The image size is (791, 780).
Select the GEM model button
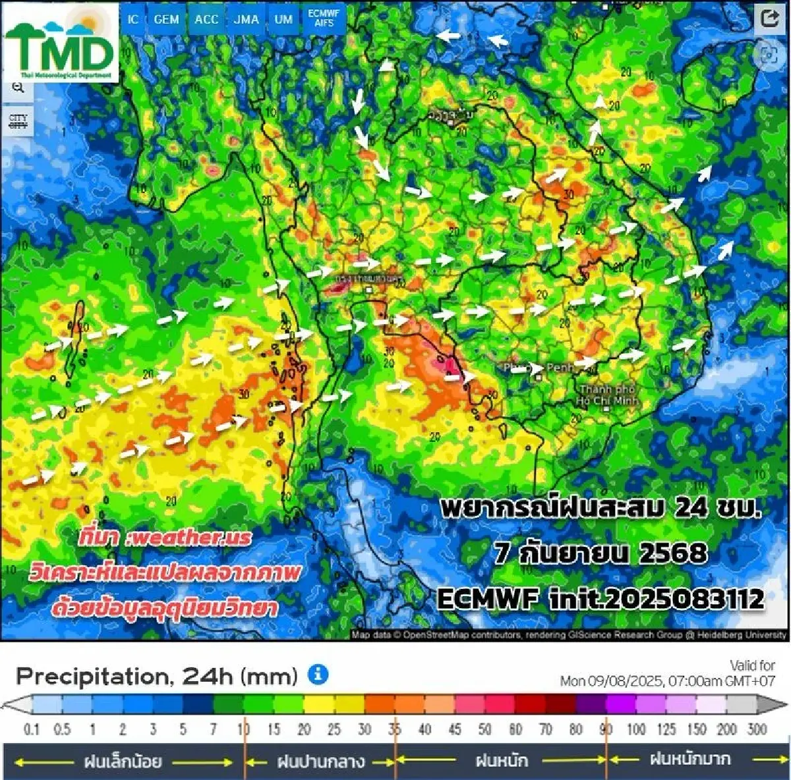point(166,20)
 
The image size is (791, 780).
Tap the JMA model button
point(246,20)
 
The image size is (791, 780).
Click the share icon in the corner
point(769,18)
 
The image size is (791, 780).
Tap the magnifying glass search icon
point(18,87)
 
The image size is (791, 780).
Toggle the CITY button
point(18,121)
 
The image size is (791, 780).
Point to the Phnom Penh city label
point(535,367)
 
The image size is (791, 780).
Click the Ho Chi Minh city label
point(606,395)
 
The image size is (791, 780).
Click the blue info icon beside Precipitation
point(318,675)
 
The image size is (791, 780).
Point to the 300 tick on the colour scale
point(756,729)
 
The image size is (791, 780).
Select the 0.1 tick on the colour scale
point(31,729)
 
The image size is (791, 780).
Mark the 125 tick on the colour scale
point(666,729)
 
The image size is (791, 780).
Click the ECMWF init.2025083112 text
point(600,599)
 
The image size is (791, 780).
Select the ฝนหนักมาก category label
point(690,760)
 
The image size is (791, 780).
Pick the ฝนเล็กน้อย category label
point(123,762)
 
